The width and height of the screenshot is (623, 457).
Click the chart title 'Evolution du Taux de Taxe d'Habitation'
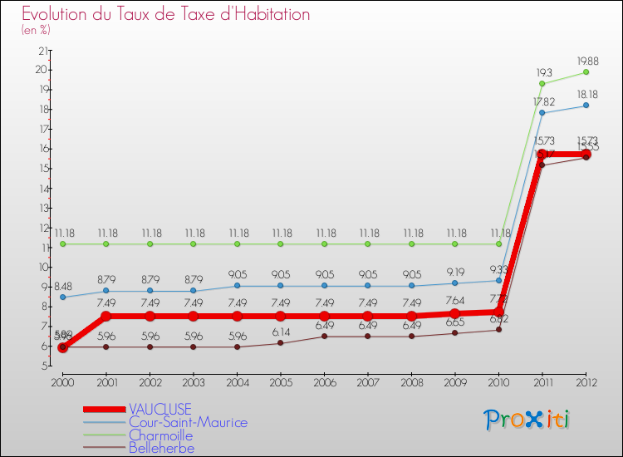[x=166, y=14]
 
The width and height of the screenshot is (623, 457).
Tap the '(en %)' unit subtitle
[x=36, y=30]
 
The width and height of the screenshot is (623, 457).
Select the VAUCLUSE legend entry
[x=160, y=409]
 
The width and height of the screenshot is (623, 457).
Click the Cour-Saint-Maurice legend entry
[x=188, y=422]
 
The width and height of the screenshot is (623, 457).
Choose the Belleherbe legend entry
[x=162, y=449]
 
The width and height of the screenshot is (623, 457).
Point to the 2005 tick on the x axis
[x=280, y=383]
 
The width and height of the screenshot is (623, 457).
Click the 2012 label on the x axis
[x=586, y=383]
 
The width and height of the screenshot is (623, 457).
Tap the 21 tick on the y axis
[x=42, y=51]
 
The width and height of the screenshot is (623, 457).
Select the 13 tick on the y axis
[x=42, y=208]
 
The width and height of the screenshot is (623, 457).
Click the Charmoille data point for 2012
[x=586, y=72]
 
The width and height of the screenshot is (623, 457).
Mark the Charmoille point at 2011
[x=542, y=83]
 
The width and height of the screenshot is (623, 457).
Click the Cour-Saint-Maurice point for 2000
[x=62, y=297]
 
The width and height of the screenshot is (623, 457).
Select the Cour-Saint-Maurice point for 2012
[x=586, y=106]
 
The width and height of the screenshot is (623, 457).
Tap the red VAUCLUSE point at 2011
[x=542, y=154]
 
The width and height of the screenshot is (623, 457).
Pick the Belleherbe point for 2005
[x=281, y=342]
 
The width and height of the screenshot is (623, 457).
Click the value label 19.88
[x=586, y=60]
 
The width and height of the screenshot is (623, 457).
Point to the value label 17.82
[x=543, y=101]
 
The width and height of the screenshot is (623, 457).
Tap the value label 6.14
[x=281, y=331]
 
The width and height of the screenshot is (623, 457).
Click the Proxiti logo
[x=527, y=420]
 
